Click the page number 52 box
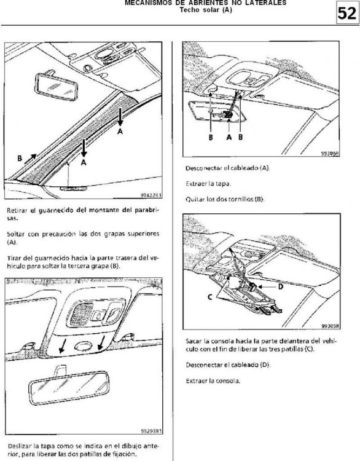pos(347,14)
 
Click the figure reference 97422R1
pos(151,195)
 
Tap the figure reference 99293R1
pos(151,431)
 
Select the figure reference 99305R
pos(331,326)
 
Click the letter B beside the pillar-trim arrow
pos(20,159)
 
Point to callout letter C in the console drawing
pos(210,297)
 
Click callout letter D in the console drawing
pos(281,286)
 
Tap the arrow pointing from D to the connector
pos(267,286)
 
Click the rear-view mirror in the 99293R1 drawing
pos(69,387)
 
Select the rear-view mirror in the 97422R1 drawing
pos(56,87)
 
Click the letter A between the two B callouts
pos(229,137)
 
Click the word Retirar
pos(17,210)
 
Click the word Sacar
pos(194,341)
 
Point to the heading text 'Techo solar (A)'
pos(206,10)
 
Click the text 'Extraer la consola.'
pos(213,381)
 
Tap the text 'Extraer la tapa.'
pos(208,184)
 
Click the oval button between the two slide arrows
pos(84,345)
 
